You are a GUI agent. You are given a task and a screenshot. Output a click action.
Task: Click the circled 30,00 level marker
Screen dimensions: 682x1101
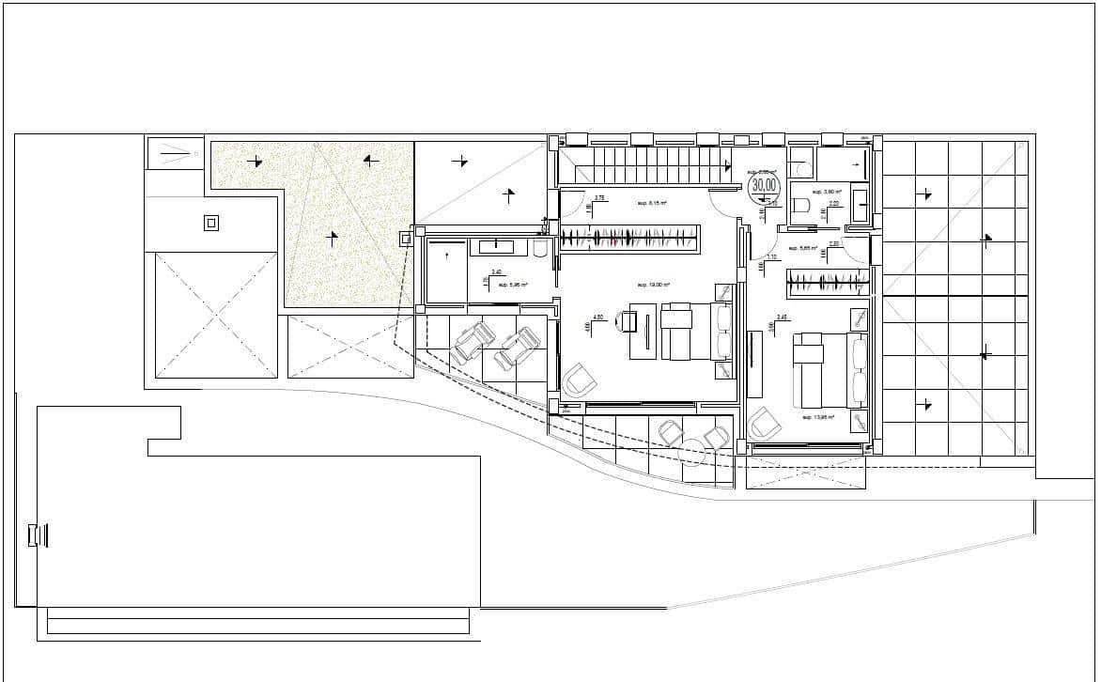[764, 185]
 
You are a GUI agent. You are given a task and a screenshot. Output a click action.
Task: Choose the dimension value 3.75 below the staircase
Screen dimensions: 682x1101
[599, 197]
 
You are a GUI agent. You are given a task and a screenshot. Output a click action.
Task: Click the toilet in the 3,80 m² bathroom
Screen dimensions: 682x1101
[800, 206]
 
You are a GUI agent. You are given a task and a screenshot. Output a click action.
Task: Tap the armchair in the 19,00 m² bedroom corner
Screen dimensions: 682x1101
[580, 379]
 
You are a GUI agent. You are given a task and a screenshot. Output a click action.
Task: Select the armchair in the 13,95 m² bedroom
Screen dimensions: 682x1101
[765, 424]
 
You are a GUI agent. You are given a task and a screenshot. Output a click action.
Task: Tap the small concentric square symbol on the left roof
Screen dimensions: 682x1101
[211, 223]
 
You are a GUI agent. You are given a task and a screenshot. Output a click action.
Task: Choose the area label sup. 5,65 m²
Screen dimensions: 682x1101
[804, 249]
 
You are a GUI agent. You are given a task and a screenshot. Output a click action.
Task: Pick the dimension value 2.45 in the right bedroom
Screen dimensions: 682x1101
[782, 318]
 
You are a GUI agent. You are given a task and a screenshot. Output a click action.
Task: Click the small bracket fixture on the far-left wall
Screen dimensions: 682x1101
[37, 535]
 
